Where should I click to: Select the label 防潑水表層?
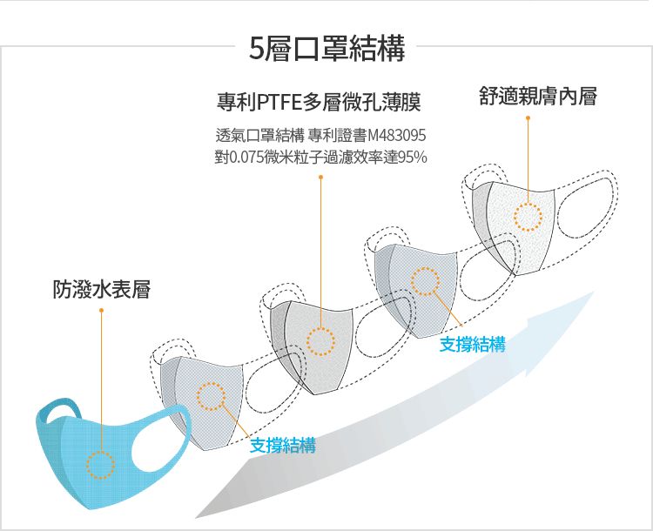pos(101,289)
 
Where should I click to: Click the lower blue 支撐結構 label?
pos(282,447)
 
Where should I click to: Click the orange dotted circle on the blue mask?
pos(100,465)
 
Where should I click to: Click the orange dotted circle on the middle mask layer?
pos(320,342)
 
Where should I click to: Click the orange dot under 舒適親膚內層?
pos(528,118)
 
